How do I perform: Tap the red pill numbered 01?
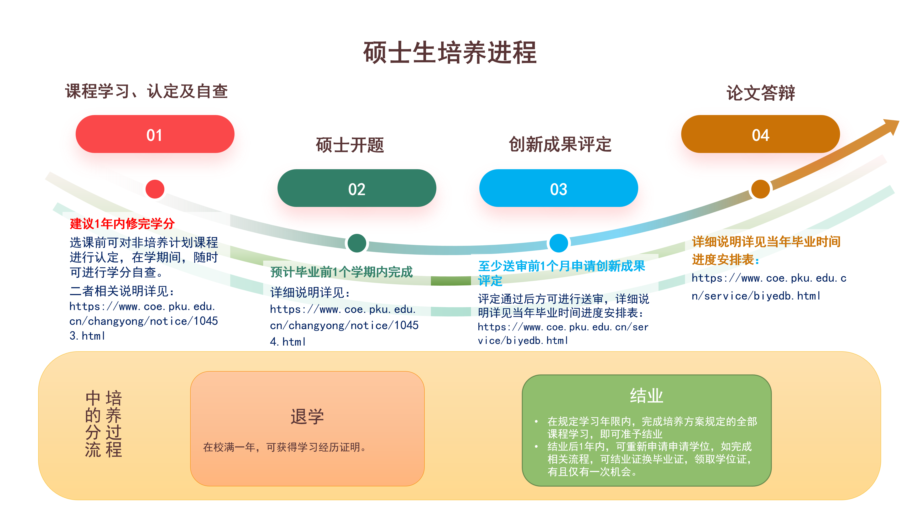coord(155,134)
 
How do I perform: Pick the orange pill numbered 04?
coord(760,134)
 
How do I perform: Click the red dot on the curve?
coord(155,189)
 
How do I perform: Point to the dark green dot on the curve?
coord(357,243)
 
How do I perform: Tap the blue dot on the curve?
coord(558,243)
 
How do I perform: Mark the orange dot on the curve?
coord(760,189)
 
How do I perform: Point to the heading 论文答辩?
coord(760,93)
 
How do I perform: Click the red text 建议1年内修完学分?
coord(122,224)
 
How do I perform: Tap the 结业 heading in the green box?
coord(647,395)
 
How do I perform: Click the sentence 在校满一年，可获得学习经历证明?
coord(284,447)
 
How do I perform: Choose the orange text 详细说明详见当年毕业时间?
coord(766,242)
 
